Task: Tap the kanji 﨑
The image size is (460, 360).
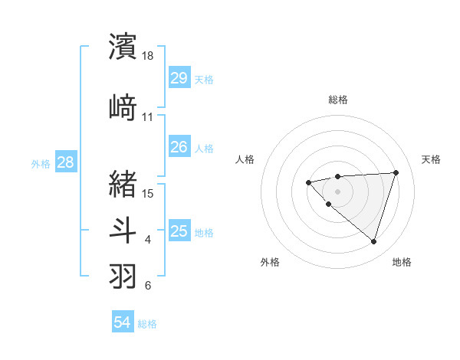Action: point(123,107)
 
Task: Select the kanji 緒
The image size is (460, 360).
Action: point(123,184)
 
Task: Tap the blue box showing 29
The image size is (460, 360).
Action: point(179,78)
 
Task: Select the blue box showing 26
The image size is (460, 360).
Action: point(179,146)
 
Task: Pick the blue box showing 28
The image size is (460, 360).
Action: point(65,162)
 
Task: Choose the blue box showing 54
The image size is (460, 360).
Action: point(123,322)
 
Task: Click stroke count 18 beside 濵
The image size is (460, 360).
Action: point(148,56)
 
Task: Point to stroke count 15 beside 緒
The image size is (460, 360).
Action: point(148,193)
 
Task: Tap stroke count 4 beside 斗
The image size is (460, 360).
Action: point(148,241)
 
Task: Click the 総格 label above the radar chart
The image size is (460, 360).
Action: point(338,100)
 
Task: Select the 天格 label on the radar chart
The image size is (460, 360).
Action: point(431,159)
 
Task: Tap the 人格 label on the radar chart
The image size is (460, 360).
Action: point(245,159)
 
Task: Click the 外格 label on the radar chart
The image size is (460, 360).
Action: point(270,262)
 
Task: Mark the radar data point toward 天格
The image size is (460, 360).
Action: point(396,172)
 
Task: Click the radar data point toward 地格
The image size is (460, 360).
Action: point(373,241)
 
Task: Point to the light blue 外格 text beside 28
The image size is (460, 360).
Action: point(41,163)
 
